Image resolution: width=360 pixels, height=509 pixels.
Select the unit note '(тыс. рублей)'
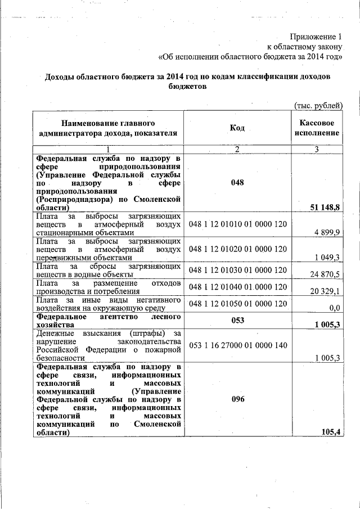[x=318, y=105]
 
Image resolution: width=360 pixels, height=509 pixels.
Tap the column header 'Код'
[x=237, y=128]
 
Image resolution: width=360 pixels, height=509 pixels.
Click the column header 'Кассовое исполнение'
[x=318, y=128]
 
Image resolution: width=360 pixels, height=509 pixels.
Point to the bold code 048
[x=237, y=183]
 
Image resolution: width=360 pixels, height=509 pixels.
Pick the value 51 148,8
[x=325, y=208]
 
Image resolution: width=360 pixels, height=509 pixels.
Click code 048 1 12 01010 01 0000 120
[x=238, y=224]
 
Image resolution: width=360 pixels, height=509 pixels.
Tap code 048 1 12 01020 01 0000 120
[x=238, y=249]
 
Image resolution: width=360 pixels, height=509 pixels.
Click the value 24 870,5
[x=326, y=274]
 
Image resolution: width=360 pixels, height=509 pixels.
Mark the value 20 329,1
[x=326, y=291]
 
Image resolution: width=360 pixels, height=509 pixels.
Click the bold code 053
[x=237, y=320]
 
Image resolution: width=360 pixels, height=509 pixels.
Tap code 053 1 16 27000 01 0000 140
[x=238, y=345]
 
